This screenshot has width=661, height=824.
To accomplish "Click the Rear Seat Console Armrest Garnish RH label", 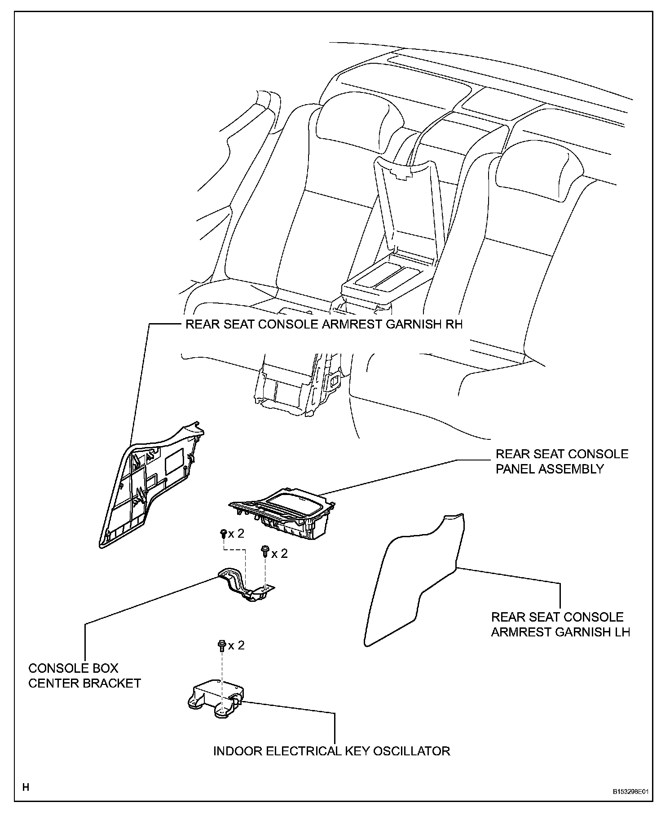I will (324, 324).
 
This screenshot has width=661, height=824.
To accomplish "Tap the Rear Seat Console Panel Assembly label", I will (562, 461).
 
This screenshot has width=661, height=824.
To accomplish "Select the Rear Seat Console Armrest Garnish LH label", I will (560, 624).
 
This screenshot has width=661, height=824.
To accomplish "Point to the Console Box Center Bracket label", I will (84, 675).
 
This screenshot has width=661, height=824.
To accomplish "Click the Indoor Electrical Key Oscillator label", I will (331, 751).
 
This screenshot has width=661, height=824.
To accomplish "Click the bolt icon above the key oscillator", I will (221, 645).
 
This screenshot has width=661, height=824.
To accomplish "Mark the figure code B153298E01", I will (631, 792).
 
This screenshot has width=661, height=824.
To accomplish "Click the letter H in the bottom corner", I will (26, 787).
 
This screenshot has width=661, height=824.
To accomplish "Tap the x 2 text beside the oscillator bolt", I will (236, 645).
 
